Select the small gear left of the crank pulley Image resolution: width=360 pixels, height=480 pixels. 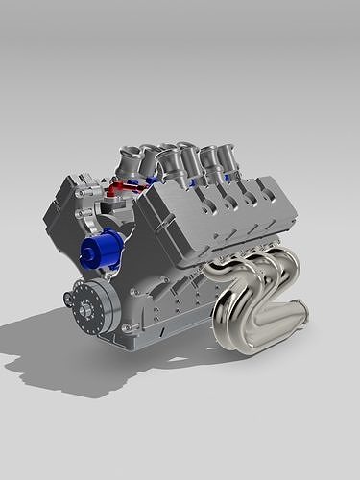(x=66, y=300)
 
